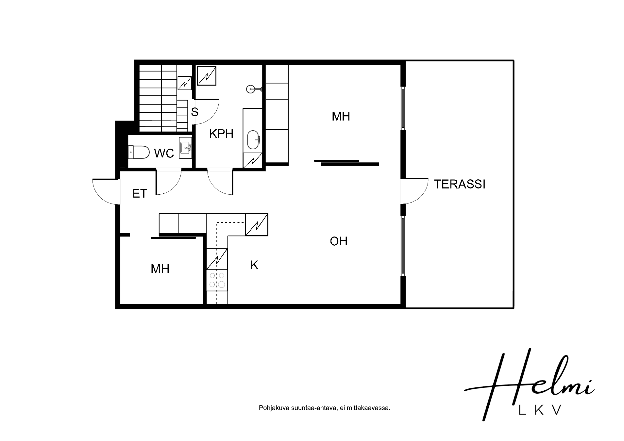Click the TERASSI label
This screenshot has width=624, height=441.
point(460,184)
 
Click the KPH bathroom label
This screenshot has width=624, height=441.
point(221,134)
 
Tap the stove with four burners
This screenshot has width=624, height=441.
point(217,280)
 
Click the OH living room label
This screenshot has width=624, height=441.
point(339,241)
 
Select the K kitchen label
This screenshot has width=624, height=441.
point(254,265)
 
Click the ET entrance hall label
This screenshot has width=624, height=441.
point(140,194)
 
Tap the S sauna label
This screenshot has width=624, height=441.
point(194,112)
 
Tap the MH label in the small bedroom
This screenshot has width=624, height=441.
point(160,269)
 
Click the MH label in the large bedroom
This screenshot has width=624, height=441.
point(341,116)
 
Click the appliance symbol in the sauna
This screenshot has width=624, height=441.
point(184,83)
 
